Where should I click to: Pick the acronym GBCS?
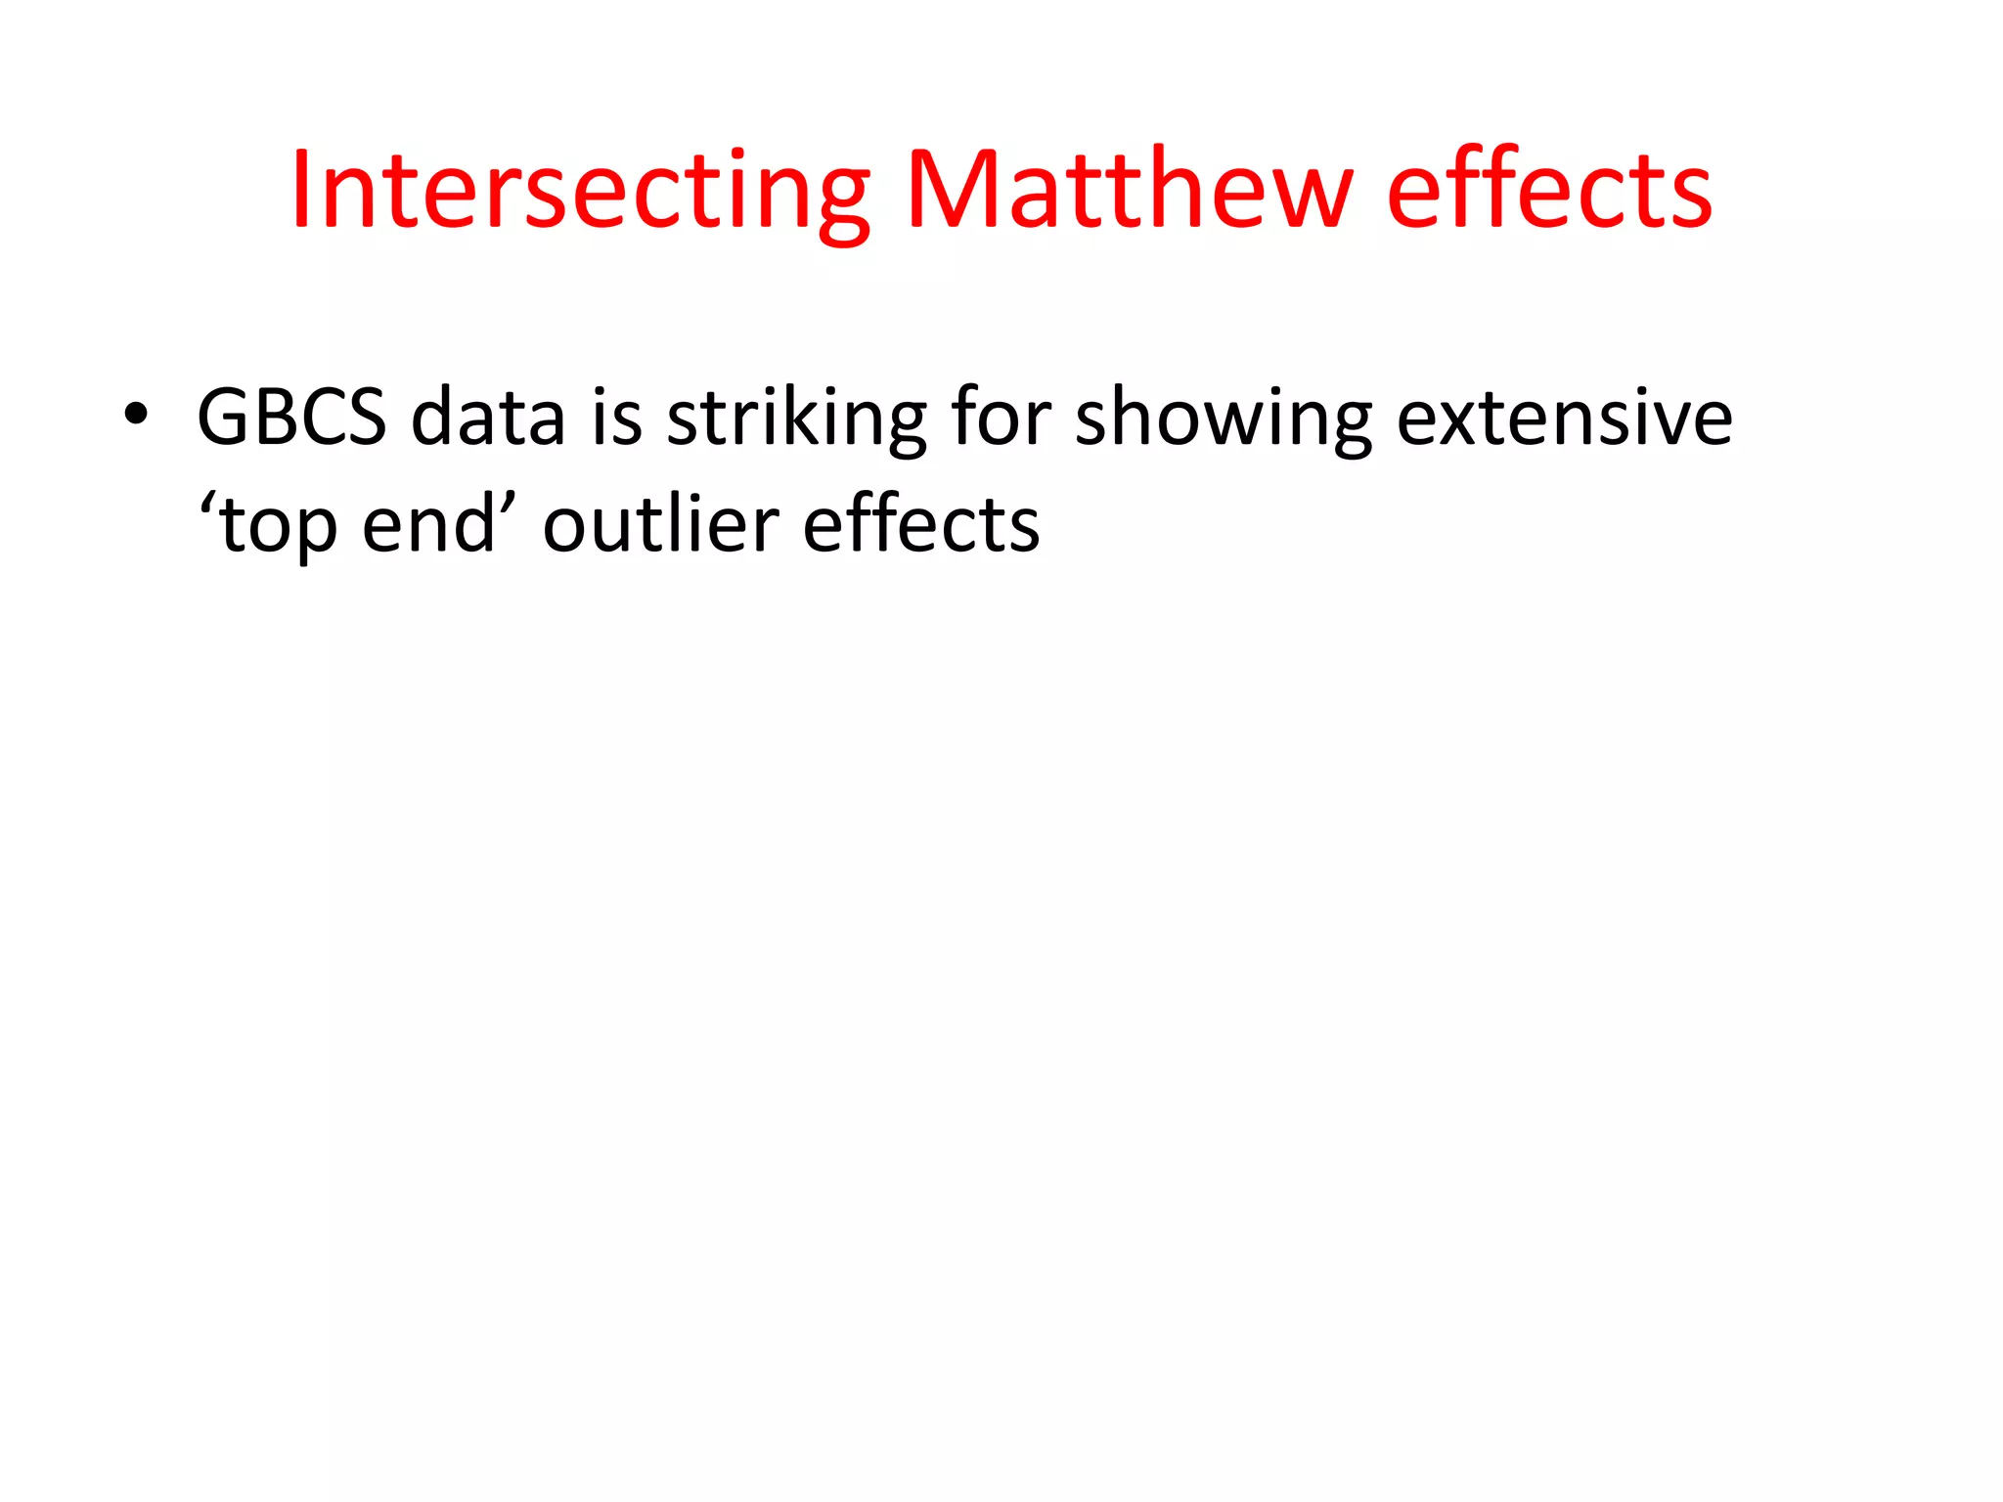click(x=291, y=418)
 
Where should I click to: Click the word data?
click(x=488, y=418)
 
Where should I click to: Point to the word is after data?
click(x=617, y=418)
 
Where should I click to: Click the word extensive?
click(x=1564, y=418)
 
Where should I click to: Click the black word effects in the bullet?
click(x=920, y=525)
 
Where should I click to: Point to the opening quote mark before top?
click(x=207, y=505)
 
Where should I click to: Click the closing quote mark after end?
click(x=509, y=505)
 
